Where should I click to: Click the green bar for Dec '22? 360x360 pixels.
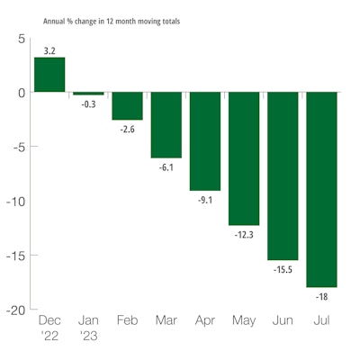tap(49, 75)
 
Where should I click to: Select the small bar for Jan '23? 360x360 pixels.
tap(88, 94)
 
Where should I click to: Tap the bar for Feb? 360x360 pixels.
tap(127, 106)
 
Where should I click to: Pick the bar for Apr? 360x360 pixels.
tap(205, 141)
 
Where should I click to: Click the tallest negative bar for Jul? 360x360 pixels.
tap(321, 189)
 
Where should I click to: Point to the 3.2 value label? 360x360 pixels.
tap(49, 50)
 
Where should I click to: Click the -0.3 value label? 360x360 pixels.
tap(88, 103)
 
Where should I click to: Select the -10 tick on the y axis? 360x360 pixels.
tap(15, 201)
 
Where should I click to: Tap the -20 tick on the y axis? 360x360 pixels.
tap(15, 310)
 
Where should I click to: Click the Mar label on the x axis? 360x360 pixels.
tap(166, 320)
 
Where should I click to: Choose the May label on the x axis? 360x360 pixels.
tap(244, 320)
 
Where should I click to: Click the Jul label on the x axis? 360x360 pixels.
tap(321, 320)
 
